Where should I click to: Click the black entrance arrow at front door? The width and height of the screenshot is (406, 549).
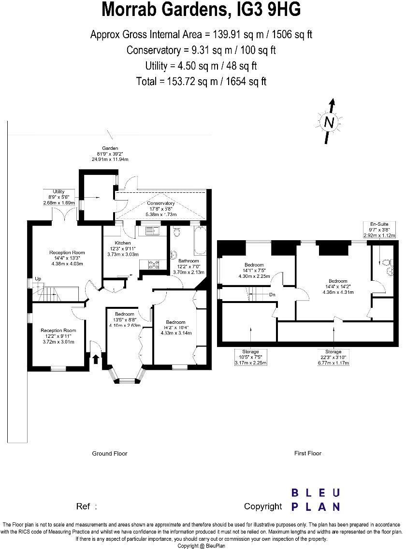click(96, 359)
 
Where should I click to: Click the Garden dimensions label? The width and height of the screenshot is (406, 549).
click(110, 154)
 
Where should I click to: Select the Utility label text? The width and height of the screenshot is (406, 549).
click(58, 192)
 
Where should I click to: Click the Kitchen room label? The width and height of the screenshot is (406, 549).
click(122, 243)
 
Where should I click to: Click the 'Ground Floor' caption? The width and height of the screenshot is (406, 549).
click(110, 453)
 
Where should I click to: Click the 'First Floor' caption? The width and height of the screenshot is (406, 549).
click(308, 453)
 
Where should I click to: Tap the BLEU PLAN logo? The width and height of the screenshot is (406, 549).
click(315, 500)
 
